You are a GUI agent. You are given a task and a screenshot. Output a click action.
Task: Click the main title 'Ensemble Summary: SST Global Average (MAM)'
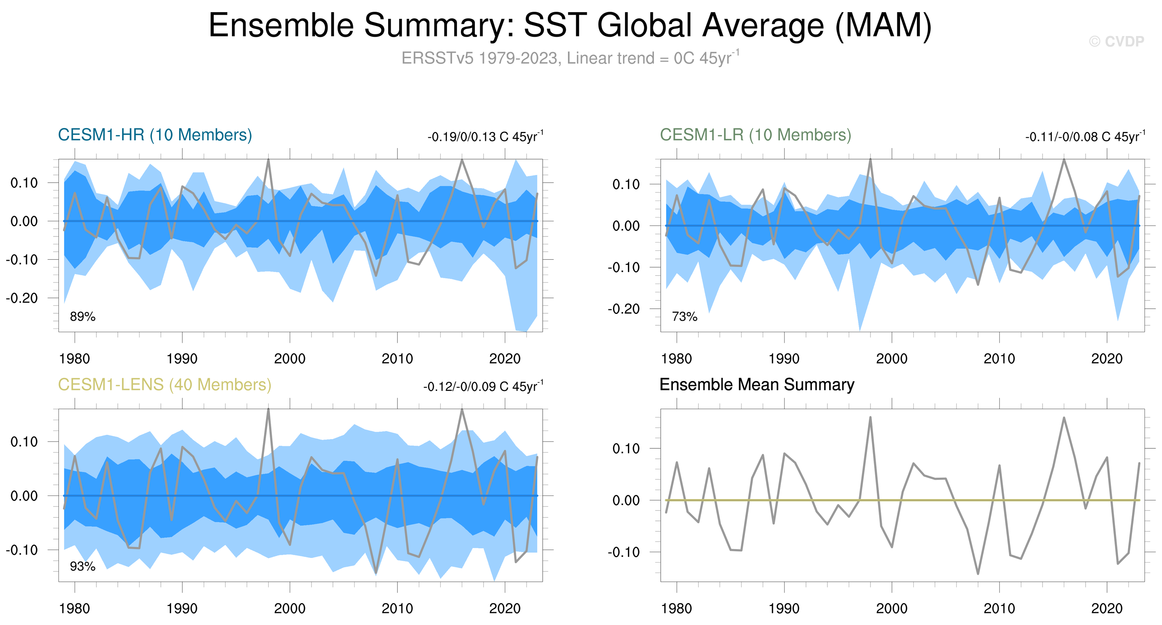click(x=570, y=25)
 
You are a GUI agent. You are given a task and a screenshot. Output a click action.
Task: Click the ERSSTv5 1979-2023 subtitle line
click(x=570, y=58)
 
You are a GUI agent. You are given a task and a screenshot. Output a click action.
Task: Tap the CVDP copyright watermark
click(x=1116, y=41)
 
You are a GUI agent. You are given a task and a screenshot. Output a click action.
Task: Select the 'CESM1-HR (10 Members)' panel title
click(x=155, y=135)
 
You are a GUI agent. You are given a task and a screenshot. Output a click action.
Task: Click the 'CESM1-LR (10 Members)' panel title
click(x=755, y=135)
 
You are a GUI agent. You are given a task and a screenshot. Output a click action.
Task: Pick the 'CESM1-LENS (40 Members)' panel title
click(x=164, y=385)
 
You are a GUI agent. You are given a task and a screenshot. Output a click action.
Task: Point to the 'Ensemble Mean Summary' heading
click(x=756, y=385)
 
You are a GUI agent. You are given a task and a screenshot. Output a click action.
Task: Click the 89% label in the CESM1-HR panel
click(x=82, y=316)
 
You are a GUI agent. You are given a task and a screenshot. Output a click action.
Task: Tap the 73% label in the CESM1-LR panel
click(x=684, y=316)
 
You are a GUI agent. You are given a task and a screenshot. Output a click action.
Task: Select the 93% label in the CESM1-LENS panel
click(x=82, y=566)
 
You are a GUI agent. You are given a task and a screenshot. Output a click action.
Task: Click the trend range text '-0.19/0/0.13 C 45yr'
click(x=485, y=137)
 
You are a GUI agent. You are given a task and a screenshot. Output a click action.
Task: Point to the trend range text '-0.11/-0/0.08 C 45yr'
click(x=1085, y=137)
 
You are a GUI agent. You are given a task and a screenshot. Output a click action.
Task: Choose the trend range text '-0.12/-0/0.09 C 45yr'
click(x=483, y=386)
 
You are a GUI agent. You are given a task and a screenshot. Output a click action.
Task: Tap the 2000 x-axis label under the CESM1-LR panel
click(x=891, y=359)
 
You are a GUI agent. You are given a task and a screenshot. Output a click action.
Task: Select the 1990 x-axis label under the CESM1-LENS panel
click(x=182, y=609)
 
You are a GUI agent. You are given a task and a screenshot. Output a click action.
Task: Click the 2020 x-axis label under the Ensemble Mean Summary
click(x=1106, y=609)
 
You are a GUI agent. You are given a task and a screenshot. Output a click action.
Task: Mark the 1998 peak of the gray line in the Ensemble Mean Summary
click(x=870, y=417)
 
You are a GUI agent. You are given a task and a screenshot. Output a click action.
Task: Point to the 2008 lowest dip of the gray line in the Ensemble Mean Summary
click(x=978, y=574)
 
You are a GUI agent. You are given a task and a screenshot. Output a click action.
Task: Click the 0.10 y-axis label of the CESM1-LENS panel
click(x=24, y=442)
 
